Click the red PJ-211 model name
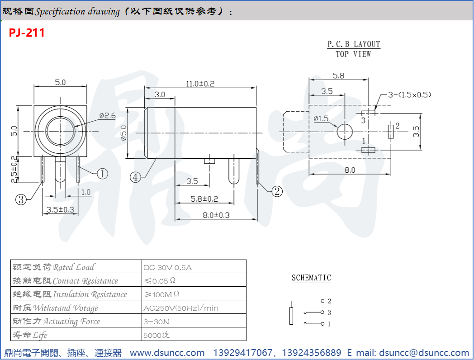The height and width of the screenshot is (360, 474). tap(27, 33)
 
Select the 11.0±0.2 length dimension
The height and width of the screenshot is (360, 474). tap(200, 84)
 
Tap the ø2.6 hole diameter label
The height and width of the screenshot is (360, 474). tap(108, 116)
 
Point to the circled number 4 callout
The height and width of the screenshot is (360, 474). tap(135, 177)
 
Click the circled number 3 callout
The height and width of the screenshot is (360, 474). tap(21, 199)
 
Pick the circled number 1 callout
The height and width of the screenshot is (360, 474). tap(103, 173)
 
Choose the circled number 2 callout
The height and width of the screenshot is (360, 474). tap(277, 191)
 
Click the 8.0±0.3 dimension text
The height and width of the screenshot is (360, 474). tap(216, 215)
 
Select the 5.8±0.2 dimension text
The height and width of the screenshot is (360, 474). tap(204, 199)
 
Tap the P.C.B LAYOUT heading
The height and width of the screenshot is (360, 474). tap(354, 44)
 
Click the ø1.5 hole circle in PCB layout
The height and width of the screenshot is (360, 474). tap(344, 131)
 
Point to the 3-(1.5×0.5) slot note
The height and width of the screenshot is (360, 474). tap(409, 95)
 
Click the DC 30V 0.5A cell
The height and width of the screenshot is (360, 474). tap(167, 267)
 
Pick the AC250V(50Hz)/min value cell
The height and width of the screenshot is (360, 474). tap(180, 308)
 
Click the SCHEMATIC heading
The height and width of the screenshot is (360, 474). tap(311, 278)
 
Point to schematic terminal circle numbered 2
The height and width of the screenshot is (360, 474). tap(322, 301)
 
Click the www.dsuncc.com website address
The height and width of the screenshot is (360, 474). tap(167, 353)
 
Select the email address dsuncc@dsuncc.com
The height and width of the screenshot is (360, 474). tap(424, 353)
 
